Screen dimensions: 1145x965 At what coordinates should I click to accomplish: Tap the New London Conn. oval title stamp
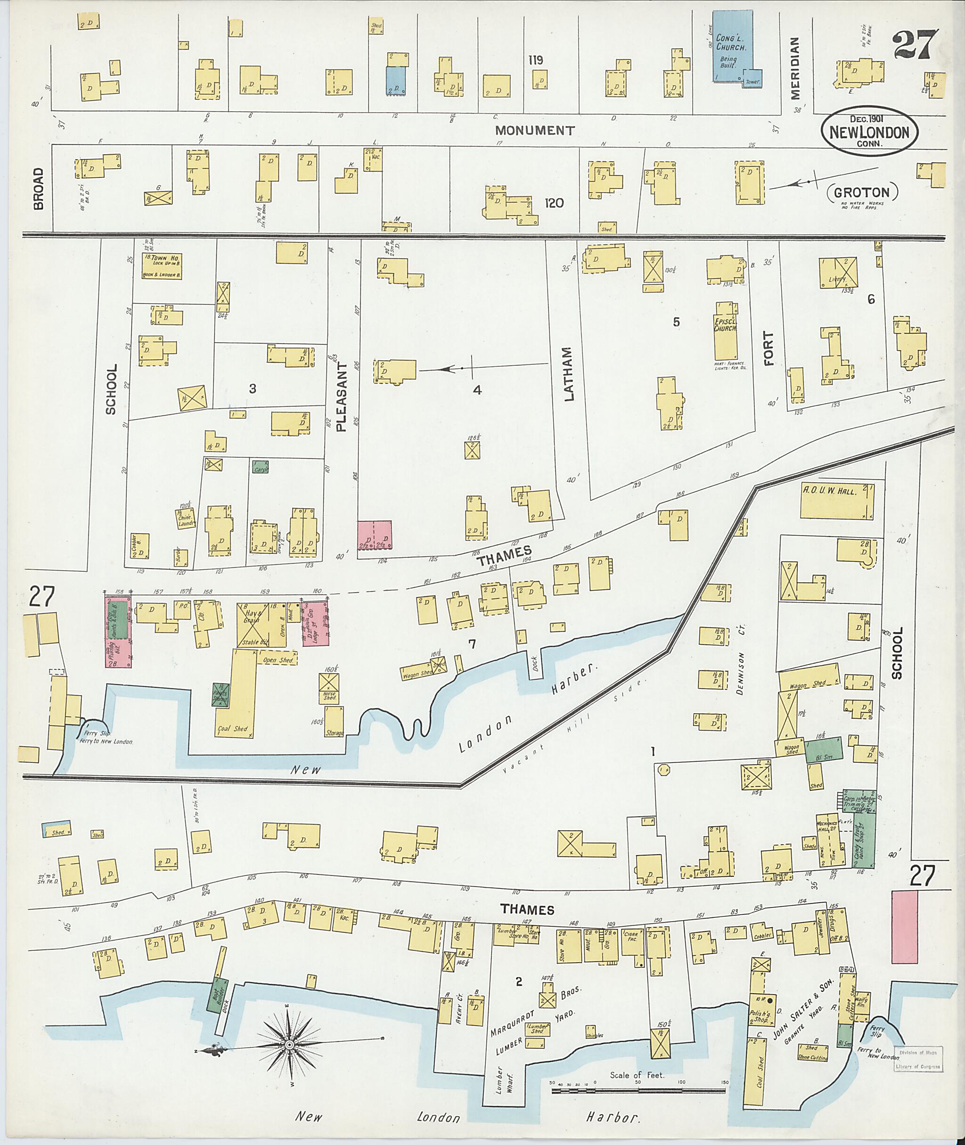coord(869,132)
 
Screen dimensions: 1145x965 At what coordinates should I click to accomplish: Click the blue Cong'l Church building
coord(731,47)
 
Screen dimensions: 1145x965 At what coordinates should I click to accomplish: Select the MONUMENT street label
coord(534,130)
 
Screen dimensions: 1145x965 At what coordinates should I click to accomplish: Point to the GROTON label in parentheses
coord(862,193)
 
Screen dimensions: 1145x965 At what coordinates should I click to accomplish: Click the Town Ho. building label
coord(162,258)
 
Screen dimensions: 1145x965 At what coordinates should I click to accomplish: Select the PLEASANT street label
coord(342,396)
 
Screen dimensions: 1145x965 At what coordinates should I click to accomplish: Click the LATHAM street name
coord(568,374)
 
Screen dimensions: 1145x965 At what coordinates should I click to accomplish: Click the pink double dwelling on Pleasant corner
coord(374,539)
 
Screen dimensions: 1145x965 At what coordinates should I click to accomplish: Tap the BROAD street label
coord(38,189)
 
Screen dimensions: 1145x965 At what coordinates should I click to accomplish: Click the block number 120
coord(554,203)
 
